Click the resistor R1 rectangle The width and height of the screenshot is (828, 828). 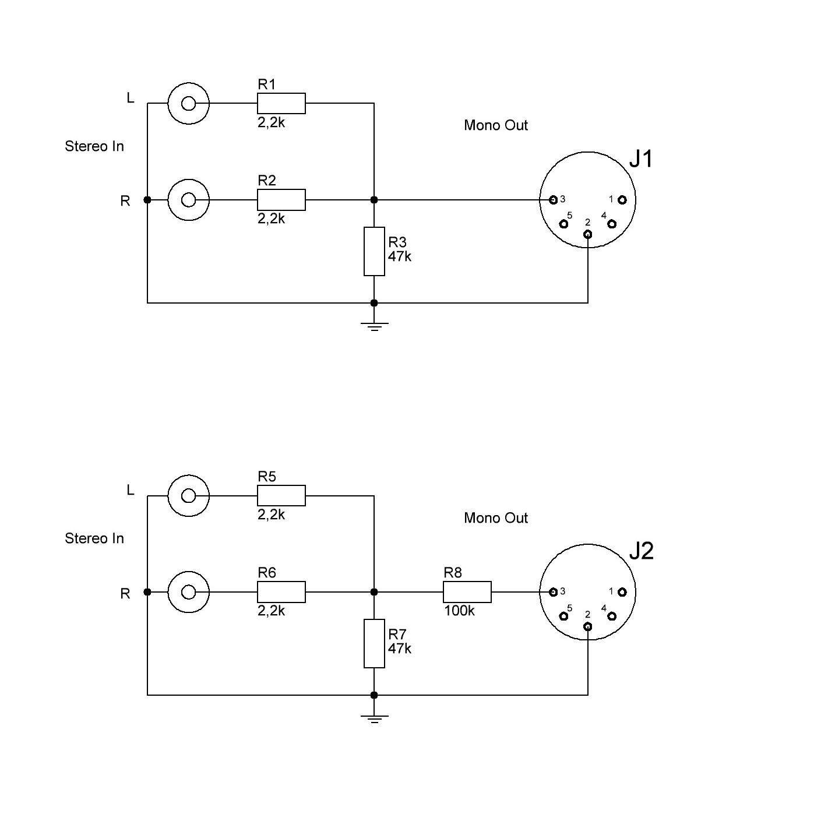coord(281,103)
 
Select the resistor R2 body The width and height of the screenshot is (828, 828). coord(281,200)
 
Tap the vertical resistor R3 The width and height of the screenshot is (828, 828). coord(374,251)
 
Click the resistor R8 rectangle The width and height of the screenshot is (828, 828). coord(467,592)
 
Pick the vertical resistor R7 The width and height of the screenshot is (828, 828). coord(374,643)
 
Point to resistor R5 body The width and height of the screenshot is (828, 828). coord(281,495)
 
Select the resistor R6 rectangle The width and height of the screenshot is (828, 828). coord(281,592)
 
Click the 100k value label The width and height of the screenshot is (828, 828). coord(459,611)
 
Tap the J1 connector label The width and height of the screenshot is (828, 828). coord(640,159)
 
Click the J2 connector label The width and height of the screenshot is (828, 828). coord(641,551)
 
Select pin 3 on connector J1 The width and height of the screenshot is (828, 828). coord(553,200)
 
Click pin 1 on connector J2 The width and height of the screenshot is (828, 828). coord(622,592)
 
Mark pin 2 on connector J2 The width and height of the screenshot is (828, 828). coord(587,626)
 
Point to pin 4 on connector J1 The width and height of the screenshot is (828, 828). coord(612,224)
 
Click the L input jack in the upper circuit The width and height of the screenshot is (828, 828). coord(188,103)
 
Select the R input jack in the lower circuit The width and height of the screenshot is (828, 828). coord(188,592)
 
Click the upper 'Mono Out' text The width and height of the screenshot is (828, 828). coord(495,125)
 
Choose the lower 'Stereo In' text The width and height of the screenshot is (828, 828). coord(94,538)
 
